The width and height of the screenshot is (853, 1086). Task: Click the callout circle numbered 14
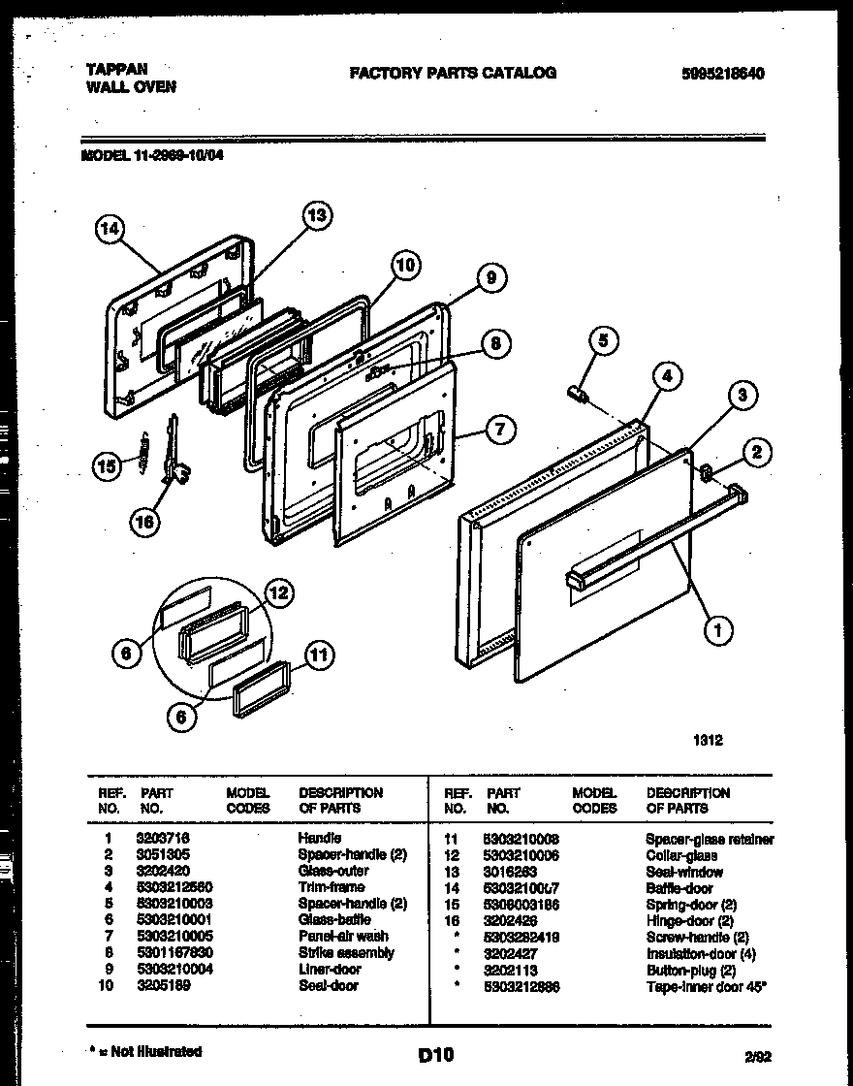click(x=111, y=230)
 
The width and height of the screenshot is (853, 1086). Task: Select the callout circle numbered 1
click(x=717, y=631)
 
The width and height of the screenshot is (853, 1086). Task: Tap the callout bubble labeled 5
click(x=602, y=340)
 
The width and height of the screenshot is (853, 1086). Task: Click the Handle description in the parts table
click(x=319, y=838)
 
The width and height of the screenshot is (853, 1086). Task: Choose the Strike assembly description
click(x=346, y=953)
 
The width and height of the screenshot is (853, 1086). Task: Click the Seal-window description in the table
click(x=684, y=872)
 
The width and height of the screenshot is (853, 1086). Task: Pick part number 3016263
click(x=509, y=872)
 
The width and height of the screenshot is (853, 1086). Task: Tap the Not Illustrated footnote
click(x=145, y=1051)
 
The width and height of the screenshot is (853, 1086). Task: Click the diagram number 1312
click(x=708, y=740)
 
